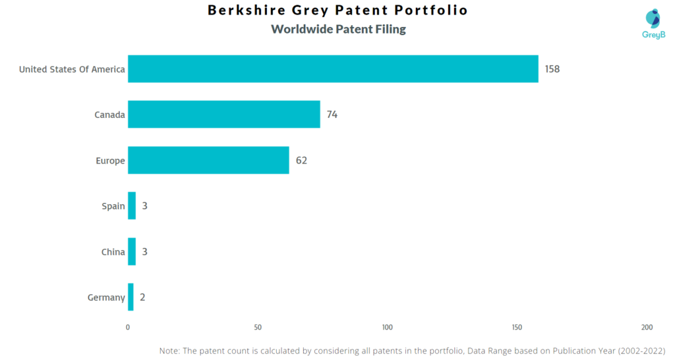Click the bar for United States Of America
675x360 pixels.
pyautogui.click(x=333, y=69)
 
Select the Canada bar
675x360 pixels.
pyautogui.click(x=224, y=115)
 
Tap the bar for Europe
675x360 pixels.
pyautogui.click(x=208, y=160)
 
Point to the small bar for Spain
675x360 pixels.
pyautogui.click(x=132, y=206)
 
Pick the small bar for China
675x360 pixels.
pyautogui.click(x=132, y=251)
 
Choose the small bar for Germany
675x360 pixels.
pyautogui.click(x=131, y=297)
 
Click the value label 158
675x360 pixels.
pyautogui.click(x=552, y=69)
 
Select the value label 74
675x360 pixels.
pyautogui.click(x=332, y=115)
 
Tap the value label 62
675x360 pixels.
pyautogui.click(x=301, y=160)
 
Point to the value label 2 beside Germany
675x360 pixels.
pyautogui.click(x=142, y=297)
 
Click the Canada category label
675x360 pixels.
pyautogui.click(x=109, y=115)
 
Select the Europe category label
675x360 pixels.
pyautogui.click(x=109, y=160)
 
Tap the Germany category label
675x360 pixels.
pyautogui.click(x=106, y=297)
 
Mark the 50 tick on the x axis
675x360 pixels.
pyautogui.click(x=258, y=328)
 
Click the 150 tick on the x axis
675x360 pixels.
pyautogui.click(x=517, y=328)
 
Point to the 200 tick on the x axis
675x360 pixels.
pyautogui.click(x=647, y=328)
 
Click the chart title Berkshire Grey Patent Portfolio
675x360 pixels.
pyautogui.click(x=337, y=11)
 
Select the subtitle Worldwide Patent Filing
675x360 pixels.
pyautogui.click(x=338, y=29)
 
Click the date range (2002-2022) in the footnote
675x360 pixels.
pyautogui.click(x=641, y=351)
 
